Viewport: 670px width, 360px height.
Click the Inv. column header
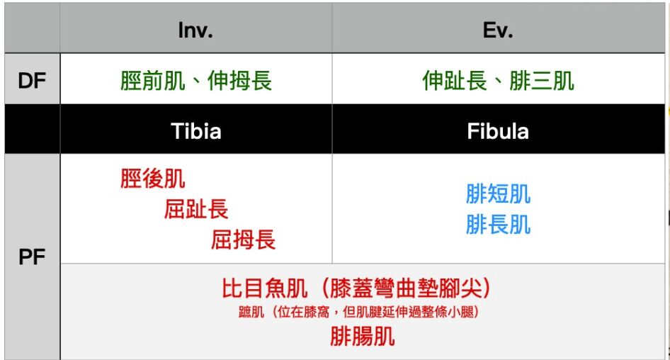(195, 30)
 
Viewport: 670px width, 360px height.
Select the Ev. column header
(498, 30)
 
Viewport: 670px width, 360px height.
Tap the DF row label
(32, 80)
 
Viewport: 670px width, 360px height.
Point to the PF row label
(32, 257)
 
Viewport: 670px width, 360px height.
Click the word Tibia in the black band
(196, 131)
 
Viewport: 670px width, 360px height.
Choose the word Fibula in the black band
(498, 131)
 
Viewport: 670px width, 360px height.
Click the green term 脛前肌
(152, 80)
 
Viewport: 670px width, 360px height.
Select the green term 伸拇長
(239, 80)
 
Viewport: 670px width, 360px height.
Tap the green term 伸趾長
(455, 80)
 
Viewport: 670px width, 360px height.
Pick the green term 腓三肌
(542, 80)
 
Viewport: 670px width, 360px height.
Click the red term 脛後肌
(152, 179)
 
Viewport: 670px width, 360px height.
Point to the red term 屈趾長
(196, 209)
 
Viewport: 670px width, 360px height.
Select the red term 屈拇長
(243, 240)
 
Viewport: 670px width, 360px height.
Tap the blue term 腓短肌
(498, 194)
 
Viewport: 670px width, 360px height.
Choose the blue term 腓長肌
(498, 225)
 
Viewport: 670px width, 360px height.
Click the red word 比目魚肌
(264, 288)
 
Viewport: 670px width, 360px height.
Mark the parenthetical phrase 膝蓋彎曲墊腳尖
(405, 288)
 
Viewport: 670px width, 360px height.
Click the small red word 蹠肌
(251, 312)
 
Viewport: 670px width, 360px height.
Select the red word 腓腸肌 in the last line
(363, 337)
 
